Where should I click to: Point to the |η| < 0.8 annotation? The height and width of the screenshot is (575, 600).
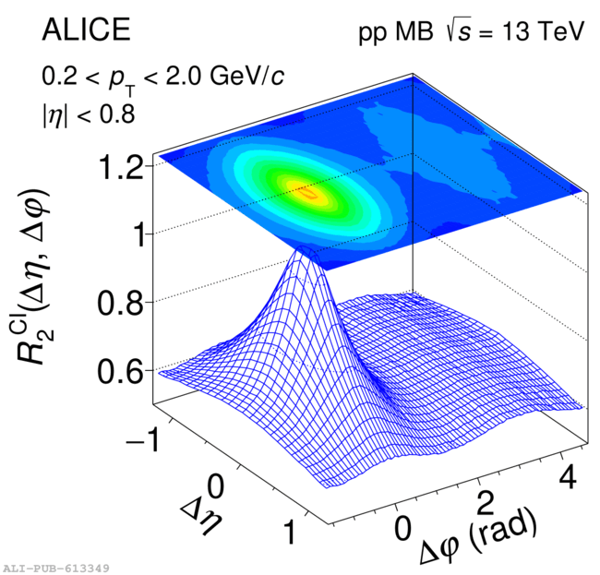coord(88,115)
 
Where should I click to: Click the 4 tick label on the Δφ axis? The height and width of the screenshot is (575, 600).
coord(570,478)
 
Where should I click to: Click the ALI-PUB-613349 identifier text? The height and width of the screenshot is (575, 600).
coord(56,568)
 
